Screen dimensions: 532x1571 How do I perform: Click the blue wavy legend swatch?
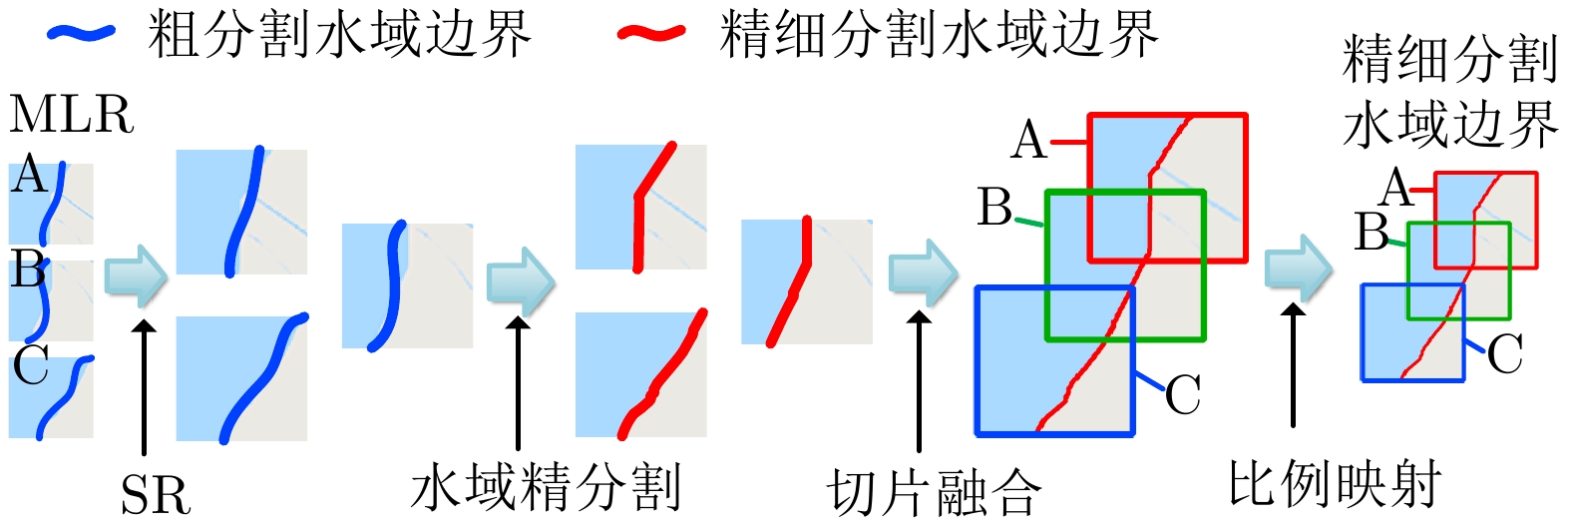point(81,33)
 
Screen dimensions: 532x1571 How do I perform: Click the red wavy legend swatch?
point(651,34)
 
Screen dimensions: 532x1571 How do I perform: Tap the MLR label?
point(71,115)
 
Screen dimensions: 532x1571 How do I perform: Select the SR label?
point(155,495)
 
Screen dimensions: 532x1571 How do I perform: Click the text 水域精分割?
point(545,488)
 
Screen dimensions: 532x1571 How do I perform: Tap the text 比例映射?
point(1334,486)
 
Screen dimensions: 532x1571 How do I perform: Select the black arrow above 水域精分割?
point(518,383)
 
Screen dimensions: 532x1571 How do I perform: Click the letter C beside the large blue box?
point(1183,395)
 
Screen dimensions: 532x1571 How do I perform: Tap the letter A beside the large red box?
point(1029,141)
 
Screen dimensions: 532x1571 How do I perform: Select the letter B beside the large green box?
point(995,208)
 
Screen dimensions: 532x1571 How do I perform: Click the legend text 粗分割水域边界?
point(339,35)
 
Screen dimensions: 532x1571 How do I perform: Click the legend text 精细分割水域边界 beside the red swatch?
point(938,35)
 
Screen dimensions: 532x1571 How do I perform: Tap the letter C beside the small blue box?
point(1505,354)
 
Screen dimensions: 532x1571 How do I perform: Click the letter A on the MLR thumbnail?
point(30,176)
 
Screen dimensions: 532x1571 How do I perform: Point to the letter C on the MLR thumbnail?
point(31,366)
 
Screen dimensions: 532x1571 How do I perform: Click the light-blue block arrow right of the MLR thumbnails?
point(137,276)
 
